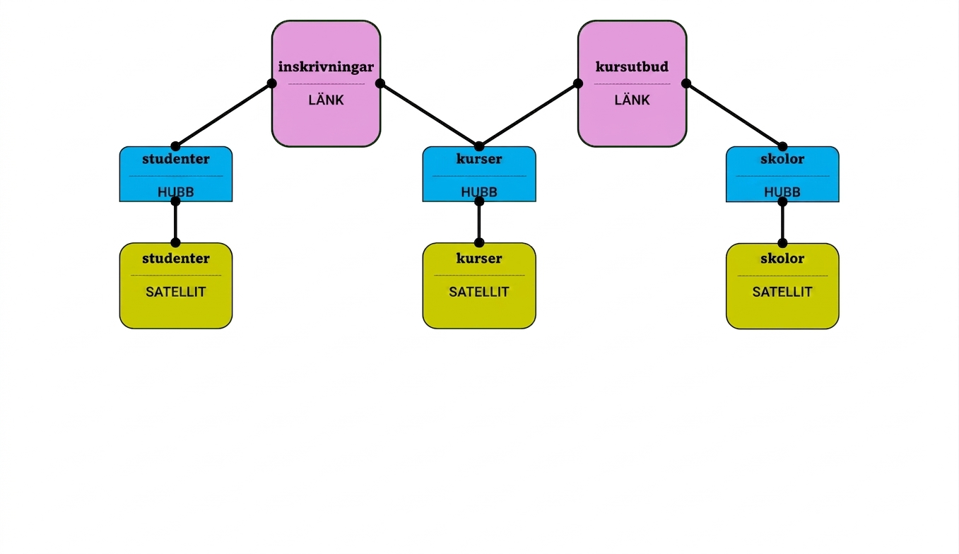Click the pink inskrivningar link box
coord(326,83)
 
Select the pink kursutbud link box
coord(632,83)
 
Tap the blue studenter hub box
coord(175,174)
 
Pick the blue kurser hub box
coord(479,174)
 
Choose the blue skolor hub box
coord(782,174)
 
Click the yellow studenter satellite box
coord(175,285)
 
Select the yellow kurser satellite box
coord(479,285)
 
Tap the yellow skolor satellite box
coord(782,286)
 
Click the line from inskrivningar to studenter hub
coord(223,114)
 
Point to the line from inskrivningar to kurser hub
coord(430,114)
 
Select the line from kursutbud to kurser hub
coord(529,114)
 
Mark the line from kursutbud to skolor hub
coord(734,114)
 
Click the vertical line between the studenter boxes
coord(175,222)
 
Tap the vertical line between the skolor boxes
coord(782,222)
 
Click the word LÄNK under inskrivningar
coord(326,100)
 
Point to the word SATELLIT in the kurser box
coord(479,292)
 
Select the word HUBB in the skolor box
coord(782,191)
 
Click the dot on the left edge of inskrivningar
coord(272,83)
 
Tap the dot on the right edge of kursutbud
coord(686,83)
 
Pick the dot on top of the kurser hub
coord(479,146)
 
